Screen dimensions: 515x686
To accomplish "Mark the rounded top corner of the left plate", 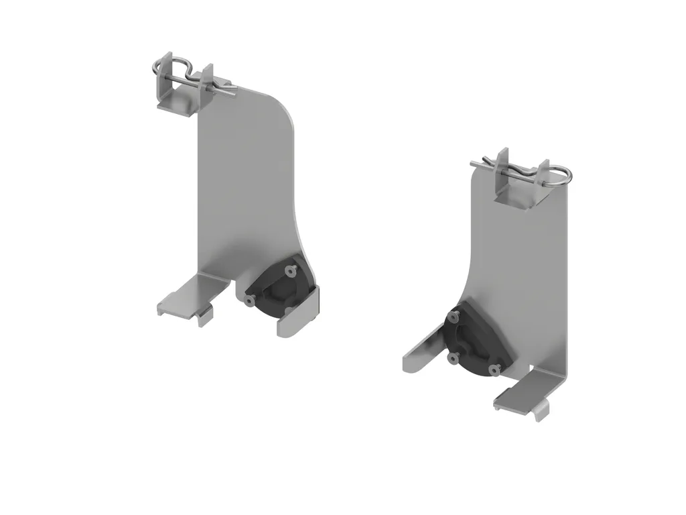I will [285, 107].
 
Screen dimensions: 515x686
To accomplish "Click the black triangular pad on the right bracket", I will [472, 342].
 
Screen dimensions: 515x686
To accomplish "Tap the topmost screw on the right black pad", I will [456, 315].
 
